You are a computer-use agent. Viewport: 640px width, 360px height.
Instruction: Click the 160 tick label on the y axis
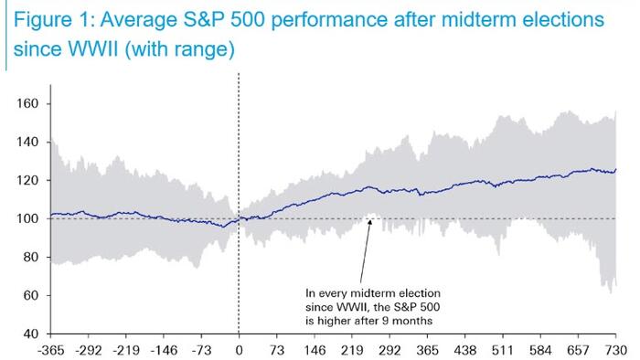coord(27,103)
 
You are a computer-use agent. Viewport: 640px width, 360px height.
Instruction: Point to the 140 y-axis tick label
coord(27,142)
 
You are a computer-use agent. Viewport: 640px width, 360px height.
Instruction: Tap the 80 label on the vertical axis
coord(30,257)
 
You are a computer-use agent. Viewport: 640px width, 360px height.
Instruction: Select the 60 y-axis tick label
coord(30,295)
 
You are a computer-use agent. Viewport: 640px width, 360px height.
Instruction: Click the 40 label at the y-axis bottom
coord(30,334)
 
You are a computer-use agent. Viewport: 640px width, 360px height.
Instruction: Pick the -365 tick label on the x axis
coord(50,350)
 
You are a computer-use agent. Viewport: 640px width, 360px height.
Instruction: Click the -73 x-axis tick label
coord(201,350)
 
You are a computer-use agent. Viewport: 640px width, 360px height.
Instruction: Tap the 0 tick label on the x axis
coord(239,350)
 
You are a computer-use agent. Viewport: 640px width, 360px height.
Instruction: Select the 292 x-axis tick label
coord(389,350)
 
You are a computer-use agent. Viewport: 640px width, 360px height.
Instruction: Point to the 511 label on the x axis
coord(503,350)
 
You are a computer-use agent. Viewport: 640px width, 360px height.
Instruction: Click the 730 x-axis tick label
coord(616,350)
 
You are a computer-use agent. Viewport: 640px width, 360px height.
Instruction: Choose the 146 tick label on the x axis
coord(315,350)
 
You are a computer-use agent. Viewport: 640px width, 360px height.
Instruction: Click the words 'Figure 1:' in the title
coord(54,19)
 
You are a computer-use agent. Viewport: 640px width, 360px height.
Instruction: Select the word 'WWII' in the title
coord(93,49)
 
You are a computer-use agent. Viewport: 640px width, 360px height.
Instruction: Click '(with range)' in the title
coord(179,49)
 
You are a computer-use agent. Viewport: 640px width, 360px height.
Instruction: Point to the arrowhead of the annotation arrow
coord(369,222)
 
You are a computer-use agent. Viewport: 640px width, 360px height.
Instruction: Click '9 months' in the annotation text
coord(407,321)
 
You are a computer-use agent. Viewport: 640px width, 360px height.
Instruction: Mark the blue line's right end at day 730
coord(616,169)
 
